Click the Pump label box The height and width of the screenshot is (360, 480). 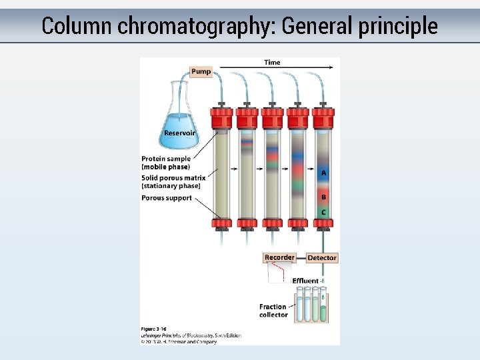coord(201,71)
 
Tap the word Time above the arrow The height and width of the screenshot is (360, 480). coord(272,63)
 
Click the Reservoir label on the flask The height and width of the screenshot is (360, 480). coord(179,133)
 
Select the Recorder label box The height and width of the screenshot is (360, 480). coord(279,257)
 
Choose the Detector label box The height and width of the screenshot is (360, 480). coord(322,257)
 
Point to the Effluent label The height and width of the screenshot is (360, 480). coord(305,281)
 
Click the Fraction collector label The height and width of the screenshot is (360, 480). coord(273,311)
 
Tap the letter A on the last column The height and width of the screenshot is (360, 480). coord(324,173)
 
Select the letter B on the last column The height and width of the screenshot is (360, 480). coord(324,197)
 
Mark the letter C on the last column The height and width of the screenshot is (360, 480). coord(324,212)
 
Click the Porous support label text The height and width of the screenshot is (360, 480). coord(167,198)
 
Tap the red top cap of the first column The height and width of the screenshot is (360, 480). coord(221,118)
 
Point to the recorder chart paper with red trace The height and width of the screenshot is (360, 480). coord(280,272)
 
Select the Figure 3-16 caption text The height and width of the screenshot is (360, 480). coord(153,329)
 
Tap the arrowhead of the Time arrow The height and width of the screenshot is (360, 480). coord(331,67)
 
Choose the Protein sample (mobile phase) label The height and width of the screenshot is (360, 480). coord(166,163)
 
